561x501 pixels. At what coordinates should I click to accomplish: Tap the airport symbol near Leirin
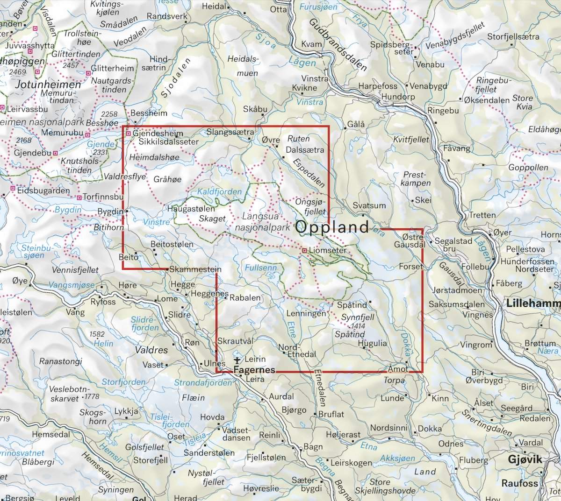(237, 360)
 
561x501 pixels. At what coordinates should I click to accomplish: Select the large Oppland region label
(332, 227)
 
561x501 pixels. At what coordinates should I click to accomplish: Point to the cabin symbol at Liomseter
(304, 251)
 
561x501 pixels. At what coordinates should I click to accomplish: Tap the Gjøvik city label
(525, 459)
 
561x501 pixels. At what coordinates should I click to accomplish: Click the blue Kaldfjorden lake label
(220, 192)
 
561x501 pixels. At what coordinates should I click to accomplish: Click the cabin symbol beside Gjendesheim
(129, 134)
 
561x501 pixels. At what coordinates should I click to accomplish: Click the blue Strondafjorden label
(202, 383)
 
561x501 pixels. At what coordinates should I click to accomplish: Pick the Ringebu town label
(443, 111)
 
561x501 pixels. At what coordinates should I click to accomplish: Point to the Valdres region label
(151, 350)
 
